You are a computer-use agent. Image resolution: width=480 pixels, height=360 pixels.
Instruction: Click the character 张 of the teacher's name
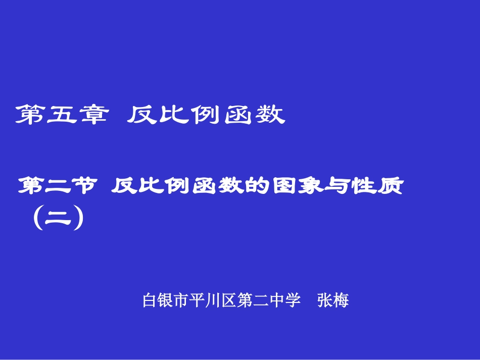325,300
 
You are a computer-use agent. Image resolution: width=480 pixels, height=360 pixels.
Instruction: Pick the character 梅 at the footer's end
341,300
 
